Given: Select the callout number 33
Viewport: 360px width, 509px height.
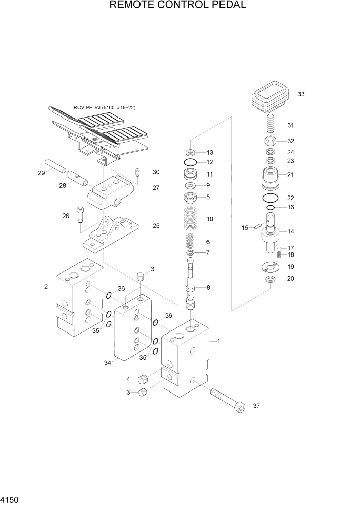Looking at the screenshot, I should point(301,94).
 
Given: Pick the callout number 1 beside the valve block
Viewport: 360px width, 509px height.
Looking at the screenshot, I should point(219,341).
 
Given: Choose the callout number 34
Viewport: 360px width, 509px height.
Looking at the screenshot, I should point(108,363).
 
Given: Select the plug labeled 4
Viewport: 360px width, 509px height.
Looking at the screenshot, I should point(143,380).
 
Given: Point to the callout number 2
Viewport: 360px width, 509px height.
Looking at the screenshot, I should point(46,287).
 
